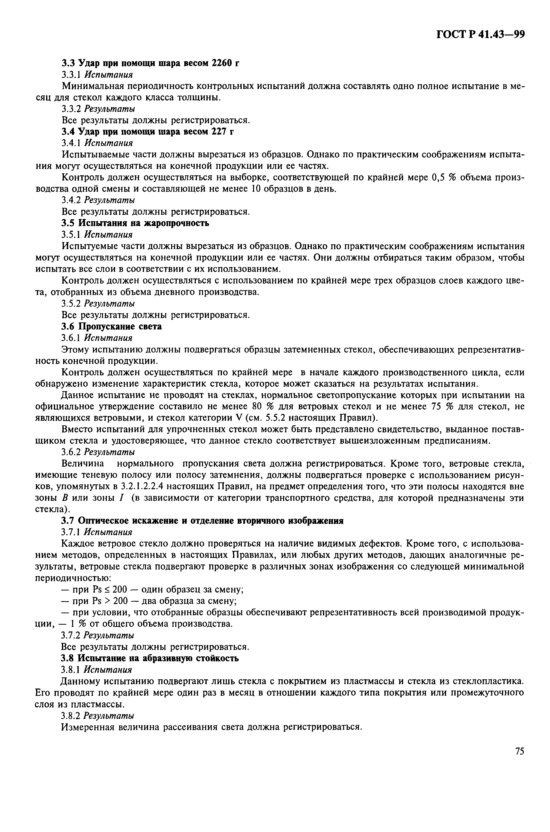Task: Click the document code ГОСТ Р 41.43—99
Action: (480, 34)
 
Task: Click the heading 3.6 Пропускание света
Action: (111, 327)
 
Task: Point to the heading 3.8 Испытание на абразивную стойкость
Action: (150, 658)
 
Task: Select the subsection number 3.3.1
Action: (71, 75)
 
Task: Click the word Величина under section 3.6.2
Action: (83, 464)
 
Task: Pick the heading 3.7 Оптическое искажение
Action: (202, 521)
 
